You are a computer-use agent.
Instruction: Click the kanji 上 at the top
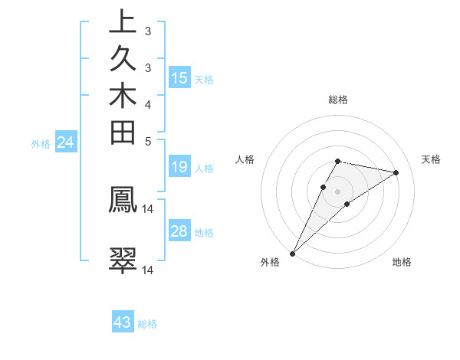click(x=123, y=21)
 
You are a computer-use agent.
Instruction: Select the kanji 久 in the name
click(x=123, y=59)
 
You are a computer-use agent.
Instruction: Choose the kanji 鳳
click(x=123, y=199)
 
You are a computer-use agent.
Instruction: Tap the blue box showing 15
click(x=179, y=77)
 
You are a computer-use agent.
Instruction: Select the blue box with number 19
click(x=179, y=167)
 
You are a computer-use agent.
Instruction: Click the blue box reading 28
click(x=179, y=231)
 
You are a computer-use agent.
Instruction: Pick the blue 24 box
click(x=65, y=142)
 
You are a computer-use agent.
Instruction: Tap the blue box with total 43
click(x=123, y=322)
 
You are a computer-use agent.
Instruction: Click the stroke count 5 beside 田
click(x=148, y=141)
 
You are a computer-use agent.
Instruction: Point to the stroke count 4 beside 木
click(x=148, y=103)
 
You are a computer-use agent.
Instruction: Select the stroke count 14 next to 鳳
click(x=148, y=208)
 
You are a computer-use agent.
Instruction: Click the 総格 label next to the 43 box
click(x=147, y=323)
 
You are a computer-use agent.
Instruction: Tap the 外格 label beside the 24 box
click(x=41, y=142)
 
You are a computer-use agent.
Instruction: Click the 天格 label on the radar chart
click(x=432, y=159)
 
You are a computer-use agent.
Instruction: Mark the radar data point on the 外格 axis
click(x=293, y=253)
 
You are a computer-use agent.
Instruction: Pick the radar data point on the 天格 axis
click(x=396, y=172)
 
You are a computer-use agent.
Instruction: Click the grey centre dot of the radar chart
click(x=337, y=191)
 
